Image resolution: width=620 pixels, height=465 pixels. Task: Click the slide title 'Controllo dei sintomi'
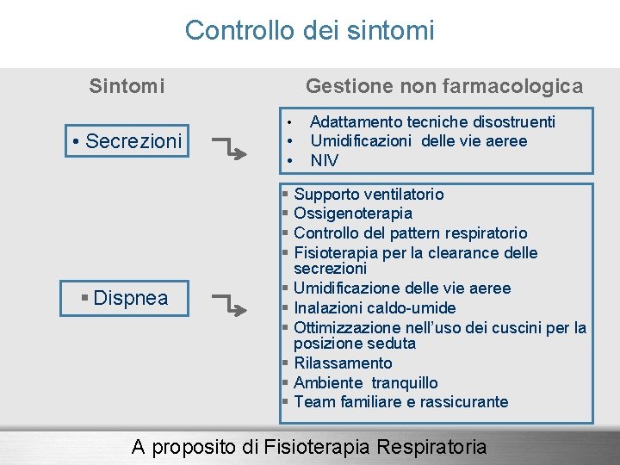pyautogui.click(x=309, y=31)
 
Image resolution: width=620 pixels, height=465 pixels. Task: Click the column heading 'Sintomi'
pyautogui.click(x=127, y=86)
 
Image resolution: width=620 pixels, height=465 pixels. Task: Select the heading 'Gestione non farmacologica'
pyautogui.click(x=444, y=86)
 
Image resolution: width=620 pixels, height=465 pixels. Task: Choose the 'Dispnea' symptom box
pyautogui.click(x=125, y=299)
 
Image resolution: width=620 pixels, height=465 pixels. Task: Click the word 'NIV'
pyautogui.click(x=325, y=161)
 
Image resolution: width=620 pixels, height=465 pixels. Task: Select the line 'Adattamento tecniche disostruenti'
pyautogui.click(x=432, y=122)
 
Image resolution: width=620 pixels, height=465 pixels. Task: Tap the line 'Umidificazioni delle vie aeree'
pyautogui.click(x=418, y=141)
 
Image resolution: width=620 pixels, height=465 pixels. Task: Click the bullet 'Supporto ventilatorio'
pyautogui.click(x=369, y=195)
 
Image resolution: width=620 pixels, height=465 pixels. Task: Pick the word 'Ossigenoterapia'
pyautogui.click(x=353, y=214)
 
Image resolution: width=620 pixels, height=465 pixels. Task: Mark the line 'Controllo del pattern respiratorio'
pyautogui.click(x=410, y=233)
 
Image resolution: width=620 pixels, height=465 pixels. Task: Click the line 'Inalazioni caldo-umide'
pyautogui.click(x=375, y=308)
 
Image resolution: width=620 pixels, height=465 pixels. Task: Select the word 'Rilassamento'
pyautogui.click(x=343, y=363)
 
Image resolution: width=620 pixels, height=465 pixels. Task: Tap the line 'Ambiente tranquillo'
pyautogui.click(x=365, y=383)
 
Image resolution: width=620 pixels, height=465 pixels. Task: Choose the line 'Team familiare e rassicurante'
pyautogui.click(x=400, y=402)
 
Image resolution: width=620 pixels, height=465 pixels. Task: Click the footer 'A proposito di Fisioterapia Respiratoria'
pyautogui.click(x=308, y=447)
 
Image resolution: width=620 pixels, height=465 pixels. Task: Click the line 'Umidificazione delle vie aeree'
pyautogui.click(x=402, y=288)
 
